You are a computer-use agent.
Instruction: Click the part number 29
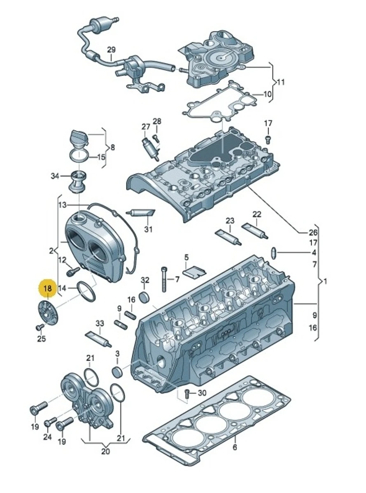click(112, 50)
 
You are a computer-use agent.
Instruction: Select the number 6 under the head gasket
click(235, 447)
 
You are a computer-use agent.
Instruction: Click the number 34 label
click(55, 176)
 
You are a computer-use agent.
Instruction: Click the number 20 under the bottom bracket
click(105, 452)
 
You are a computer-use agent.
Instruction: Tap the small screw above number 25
click(40, 327)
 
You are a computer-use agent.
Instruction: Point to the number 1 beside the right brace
click(325, 282)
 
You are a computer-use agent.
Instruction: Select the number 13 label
click(62, 204)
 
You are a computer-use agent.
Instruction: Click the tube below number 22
click(256, 230)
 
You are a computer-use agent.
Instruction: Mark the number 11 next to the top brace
click(280, 82)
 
